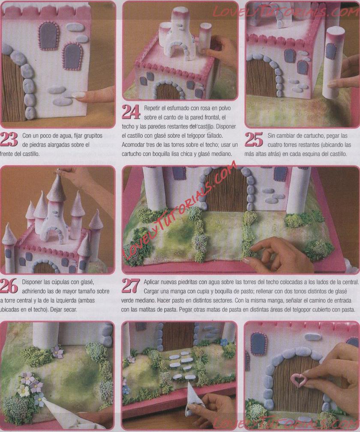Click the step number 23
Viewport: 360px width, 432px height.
point(9,139)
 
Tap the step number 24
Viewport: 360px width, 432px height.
point(131,112)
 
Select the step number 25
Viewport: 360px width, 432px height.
point(254,140)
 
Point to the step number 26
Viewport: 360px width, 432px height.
point(9,286)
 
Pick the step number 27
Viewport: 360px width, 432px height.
point(131,286)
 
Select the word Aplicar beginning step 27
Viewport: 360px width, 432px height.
point(153,282)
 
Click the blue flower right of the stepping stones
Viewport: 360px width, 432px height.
point(224,342)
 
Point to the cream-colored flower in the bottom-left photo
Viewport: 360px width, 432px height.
point(24,390)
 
